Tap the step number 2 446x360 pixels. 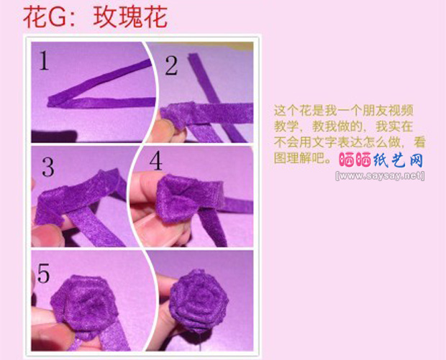171,66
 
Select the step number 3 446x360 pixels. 47,168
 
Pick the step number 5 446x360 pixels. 45,274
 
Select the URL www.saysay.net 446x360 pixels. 380,175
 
